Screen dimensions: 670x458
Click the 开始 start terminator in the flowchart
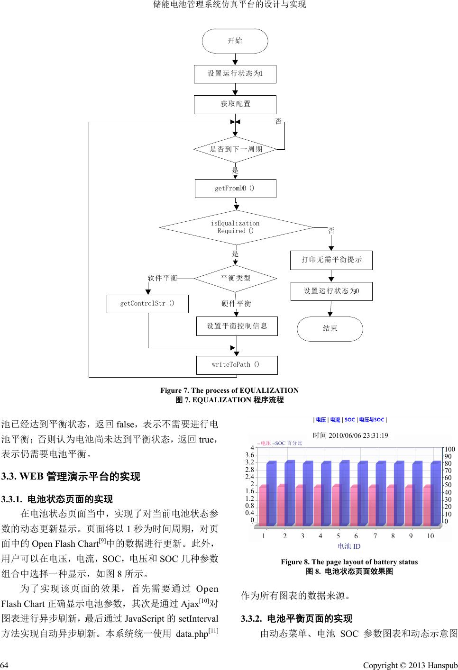click(235, 41)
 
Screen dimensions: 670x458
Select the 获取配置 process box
click(235, 104)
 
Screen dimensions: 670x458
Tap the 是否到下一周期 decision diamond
click(236, 149)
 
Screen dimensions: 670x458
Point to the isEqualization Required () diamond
click(236, 227)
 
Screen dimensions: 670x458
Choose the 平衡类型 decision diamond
click(236, 278)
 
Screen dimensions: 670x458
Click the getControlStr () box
click(147, 304)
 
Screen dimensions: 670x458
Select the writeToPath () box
click(237, 365)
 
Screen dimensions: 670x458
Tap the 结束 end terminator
click(330, 328)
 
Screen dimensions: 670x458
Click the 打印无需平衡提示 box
click(331, 260)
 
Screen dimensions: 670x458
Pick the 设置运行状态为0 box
click(331, 291)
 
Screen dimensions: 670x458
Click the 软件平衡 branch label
click(163, 278)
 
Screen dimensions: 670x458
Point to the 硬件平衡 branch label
click(237, 303)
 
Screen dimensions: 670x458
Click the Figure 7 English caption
click(229, 390)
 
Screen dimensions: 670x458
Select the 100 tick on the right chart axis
click(449, 449)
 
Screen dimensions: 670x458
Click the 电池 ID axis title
click(349, 546)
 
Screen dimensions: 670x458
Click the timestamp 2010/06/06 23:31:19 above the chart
click(351, 435)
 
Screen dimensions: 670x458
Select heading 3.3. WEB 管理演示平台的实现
click(71, 476)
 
